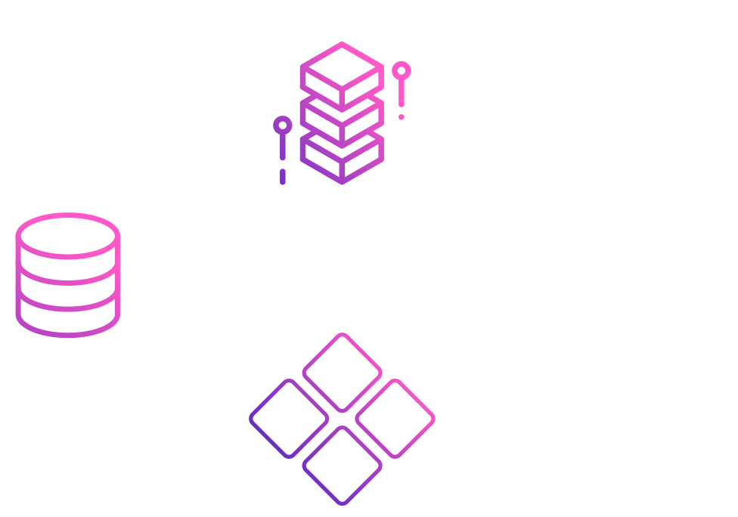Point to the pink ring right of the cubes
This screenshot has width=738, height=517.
[402, 71]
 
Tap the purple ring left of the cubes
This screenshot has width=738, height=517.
[283, 125]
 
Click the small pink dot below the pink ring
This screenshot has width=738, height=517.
[402, 117]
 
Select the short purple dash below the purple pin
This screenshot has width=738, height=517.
[283, 177]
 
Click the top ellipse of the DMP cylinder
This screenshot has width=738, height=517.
[67, 237]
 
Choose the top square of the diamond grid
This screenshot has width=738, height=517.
[342, 372]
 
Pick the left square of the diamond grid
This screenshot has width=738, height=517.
[289, 418]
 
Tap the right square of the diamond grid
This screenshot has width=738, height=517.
[395, 418]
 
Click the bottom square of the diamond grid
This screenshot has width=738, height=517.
[342, 465]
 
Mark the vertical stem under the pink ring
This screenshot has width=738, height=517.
[402, 94]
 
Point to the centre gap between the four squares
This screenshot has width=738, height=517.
[342, 418]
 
